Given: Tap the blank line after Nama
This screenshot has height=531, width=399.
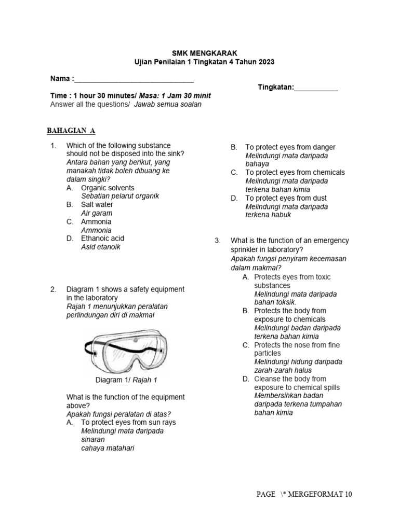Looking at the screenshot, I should (x=134, y=81).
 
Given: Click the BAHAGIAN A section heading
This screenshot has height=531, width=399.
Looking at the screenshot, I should (x=71, y=130).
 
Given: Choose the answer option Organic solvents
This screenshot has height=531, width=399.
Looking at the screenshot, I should (x=108, y=188).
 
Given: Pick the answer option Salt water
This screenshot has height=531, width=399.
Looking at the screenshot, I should (x=97, y=205).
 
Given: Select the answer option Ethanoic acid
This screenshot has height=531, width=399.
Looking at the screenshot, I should (x=102, y=239).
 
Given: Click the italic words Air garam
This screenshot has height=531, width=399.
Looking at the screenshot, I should (x=97, y=213).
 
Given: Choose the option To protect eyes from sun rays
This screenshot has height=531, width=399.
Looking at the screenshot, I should (x=128, y=423).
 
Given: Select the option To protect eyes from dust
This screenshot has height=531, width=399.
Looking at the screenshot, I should (x=286, y=198).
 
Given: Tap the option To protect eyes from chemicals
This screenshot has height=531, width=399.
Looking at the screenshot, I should (x=295, y=173).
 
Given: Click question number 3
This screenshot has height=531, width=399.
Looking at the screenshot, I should (x=218, y=241).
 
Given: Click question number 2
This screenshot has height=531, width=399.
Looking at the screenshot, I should (x=53, y=289).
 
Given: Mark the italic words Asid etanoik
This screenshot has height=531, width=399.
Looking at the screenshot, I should (x=101, y=247).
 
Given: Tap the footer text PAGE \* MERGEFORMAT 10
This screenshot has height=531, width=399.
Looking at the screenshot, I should (x=304, y=494).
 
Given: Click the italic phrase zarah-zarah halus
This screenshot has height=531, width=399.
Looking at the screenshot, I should (x=283, y=371).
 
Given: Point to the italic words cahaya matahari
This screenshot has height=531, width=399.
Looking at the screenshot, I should (x=108, y=448).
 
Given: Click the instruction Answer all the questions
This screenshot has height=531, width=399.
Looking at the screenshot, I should (x=90, y=104).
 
